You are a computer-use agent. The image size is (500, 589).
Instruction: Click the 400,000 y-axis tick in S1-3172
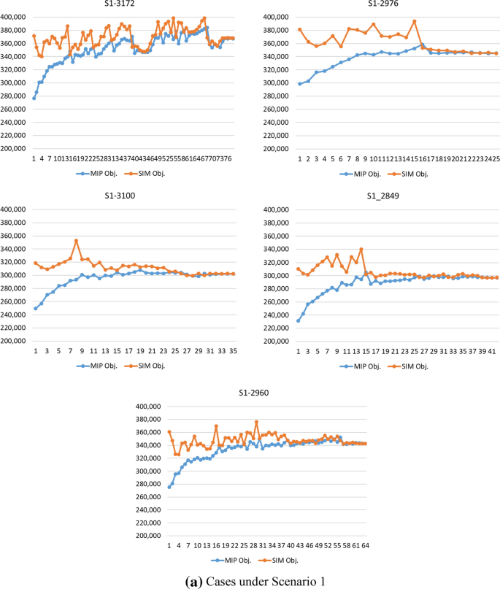(14, 17)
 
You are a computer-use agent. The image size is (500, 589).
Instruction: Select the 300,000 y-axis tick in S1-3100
(14, 275)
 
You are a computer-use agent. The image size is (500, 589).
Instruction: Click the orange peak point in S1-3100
(76, 241)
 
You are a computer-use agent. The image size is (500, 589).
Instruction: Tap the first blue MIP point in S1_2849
(299, 320)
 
